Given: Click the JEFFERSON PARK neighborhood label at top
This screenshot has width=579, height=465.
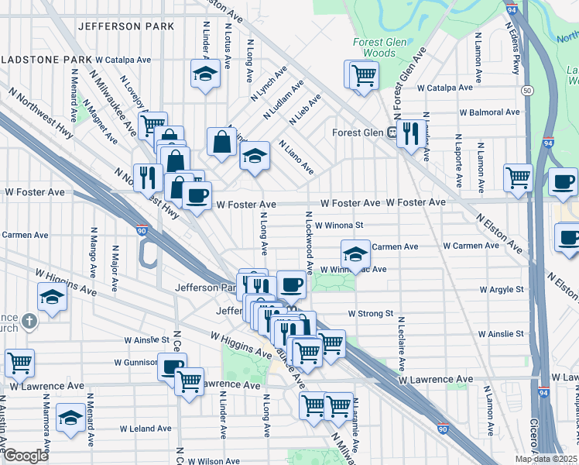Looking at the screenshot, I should (x=126, y=26).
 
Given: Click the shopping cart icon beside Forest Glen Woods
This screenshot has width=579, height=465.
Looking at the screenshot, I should (x=363, y=76).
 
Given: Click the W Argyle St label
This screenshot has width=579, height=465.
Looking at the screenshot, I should (x=502, y=289).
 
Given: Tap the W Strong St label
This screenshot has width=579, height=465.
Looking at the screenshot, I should (x=372, y=314).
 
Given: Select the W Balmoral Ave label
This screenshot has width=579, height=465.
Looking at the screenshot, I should (x=489, y=112).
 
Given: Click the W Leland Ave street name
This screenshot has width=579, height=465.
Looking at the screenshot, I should (x=146, y=428).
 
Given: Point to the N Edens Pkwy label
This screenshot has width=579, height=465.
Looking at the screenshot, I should (x=512, y=53).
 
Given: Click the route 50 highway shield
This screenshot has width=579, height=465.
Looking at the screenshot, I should (x=526, y=91).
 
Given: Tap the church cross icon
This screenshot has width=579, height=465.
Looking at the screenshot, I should (x=29, y=320).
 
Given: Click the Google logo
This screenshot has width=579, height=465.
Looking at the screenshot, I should (x=26, y=456).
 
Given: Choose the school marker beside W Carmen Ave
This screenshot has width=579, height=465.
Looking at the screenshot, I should (x=355, y=253).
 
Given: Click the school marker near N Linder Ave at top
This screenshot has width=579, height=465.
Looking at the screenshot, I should (x=205, y=74).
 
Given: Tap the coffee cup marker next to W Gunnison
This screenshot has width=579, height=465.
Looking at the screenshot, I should (x=172, y=367).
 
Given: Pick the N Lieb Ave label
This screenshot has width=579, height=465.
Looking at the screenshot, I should (x=304, y=110).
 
